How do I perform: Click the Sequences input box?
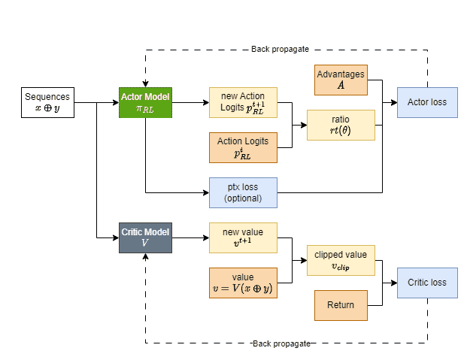tap(48, 102)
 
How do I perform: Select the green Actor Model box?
tap(146, 102)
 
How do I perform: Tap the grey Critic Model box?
tap(146, 237)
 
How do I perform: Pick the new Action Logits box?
tap(243, 102)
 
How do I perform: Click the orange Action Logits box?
tap(243, 147)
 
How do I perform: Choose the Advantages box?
tap(341, 80)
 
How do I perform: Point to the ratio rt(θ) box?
tap(341, 125)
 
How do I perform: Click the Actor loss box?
tap(427, 102)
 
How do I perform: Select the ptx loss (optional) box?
tap(243, 192)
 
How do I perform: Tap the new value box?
tap(243, 237)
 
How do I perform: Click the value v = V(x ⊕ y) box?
tap(243, 283)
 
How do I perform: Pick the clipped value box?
tap(341, 260)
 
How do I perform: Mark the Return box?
tap(341, 305)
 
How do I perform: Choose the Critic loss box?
tap(427, 283)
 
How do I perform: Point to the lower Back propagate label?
tap(281, 343)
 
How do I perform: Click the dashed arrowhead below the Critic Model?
tap(146, 256)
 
